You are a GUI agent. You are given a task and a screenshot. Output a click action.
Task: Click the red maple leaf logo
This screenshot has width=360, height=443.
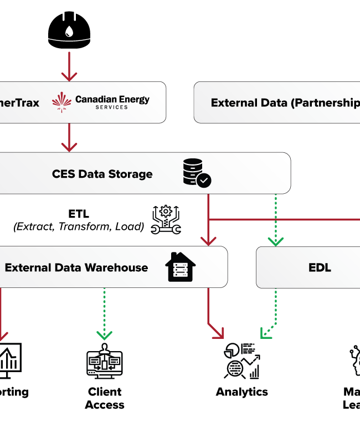[x=62, y=102]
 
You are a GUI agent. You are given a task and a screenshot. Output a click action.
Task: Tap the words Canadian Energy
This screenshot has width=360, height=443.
[x=112, y=100]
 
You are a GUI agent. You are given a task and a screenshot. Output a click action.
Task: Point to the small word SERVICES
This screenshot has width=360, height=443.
[x=111, y=107]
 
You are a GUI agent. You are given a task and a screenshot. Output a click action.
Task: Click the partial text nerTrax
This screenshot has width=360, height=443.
[x=19, y=102]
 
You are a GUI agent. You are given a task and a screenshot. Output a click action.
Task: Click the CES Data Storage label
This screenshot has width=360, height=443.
[x=102, y=174]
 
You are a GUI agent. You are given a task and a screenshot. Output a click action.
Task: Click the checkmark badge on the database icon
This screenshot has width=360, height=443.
[x=204, y=180]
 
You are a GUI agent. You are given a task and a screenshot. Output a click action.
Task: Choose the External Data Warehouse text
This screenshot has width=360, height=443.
[x=76, y=267]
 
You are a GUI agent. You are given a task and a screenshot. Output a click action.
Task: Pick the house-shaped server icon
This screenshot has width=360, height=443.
[x=181, y=267]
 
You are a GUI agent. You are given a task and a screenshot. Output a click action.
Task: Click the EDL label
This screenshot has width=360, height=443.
[x=320, y=267]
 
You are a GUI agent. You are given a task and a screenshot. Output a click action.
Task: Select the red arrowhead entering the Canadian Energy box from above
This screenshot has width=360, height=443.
[x=69, y=76]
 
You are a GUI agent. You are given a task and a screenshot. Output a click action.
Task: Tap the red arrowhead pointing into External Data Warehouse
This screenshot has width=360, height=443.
[x=208, y=241]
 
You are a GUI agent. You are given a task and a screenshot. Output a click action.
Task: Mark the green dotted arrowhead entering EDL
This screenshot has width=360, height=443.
[x=275, y=241]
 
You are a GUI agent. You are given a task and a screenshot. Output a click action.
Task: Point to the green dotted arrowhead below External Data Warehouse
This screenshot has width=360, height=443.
[x=104, y=335]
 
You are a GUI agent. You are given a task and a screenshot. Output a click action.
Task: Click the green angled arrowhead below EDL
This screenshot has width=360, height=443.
[x=265, y=334]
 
